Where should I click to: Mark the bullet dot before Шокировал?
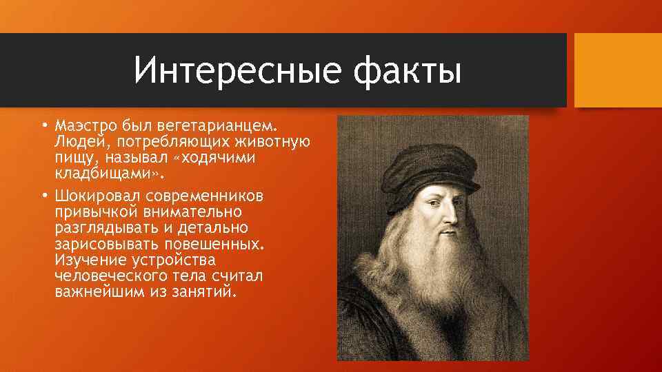[x=43, y=196]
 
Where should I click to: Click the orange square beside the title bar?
[x=618, y=70]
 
